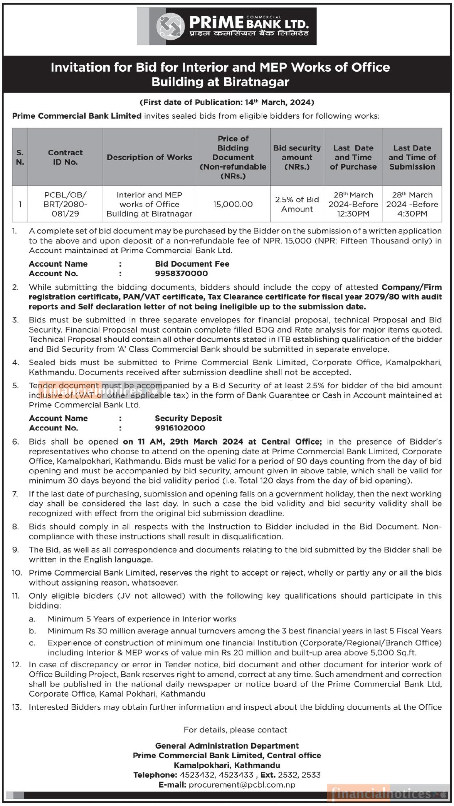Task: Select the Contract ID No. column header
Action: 65,157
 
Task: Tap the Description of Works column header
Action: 149,157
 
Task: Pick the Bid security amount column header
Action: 297,157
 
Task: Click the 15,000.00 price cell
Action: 233,205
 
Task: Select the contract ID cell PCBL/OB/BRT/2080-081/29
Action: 65,204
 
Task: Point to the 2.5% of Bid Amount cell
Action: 297,205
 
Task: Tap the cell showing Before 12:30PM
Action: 353,205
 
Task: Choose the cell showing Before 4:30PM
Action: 412,205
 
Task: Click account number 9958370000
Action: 181,274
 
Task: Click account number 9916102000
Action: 180,428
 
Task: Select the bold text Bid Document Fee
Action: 192,264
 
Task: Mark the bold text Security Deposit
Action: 188,418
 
